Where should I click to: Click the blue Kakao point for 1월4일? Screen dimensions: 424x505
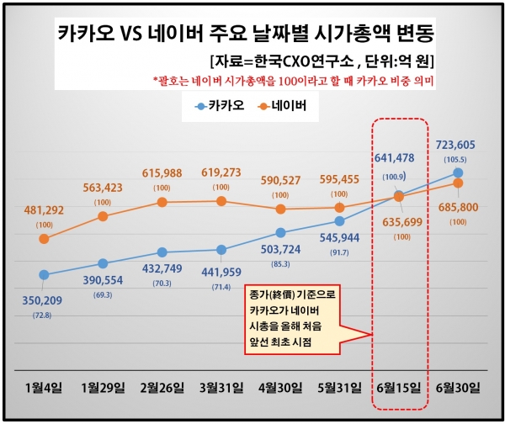click(x=44, y=275)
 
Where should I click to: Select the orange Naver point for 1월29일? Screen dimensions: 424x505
click(x=103, y=216)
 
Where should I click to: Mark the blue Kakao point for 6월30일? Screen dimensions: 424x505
click(x=458, y=173)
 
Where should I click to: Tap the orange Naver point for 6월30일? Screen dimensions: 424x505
click(x=458, y=183)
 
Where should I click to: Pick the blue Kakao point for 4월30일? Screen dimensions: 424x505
click(x=280, y=232)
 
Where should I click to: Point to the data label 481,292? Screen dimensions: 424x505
click(x=44, y=210)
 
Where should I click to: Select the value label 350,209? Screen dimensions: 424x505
click(x=44, y=299)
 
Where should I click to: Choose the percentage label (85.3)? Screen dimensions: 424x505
click(x=281, y=264)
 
